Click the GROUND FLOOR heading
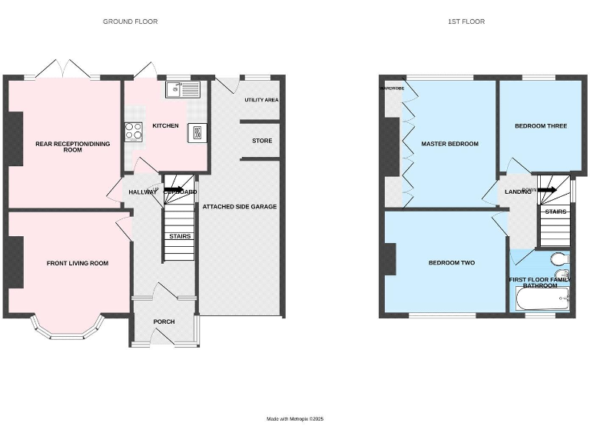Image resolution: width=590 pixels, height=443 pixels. pos(131,22)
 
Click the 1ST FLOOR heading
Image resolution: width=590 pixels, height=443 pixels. pos(466,22)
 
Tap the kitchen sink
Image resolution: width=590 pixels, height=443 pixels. pos(182,90)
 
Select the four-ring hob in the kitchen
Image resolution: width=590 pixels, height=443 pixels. pos(134,132)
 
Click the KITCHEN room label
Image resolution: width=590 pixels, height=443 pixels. pos(165,125)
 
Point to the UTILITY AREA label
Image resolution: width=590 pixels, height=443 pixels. pos(261,100)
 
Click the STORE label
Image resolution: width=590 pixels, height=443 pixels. pos(262,141)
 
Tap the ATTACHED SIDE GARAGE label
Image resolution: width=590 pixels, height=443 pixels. pos(239,206)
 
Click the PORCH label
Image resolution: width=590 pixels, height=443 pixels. pos(164,321)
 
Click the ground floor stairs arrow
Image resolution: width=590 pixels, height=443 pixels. pos(173,189)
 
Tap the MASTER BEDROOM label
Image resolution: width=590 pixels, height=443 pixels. pos(449,144)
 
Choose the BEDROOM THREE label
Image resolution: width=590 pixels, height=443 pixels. pos(541,125)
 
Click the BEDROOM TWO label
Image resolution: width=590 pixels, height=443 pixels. pos(451,263)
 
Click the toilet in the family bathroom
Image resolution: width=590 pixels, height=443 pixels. pos(559,257)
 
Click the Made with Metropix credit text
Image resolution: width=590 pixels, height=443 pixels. pos(295,419)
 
